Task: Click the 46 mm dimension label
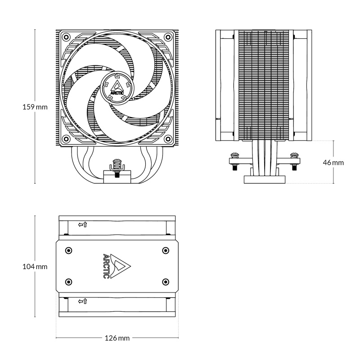[333, 162]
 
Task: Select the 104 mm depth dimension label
[35, 266]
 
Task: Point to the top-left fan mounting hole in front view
[66, 36]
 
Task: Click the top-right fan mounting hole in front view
[168, 36]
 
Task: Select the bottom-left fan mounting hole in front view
[66, 138]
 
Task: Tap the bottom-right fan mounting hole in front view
[168, 138]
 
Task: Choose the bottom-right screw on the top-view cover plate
[166, 282]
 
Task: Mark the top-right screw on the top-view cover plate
[166, 250]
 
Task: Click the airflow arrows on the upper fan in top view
[82, 224]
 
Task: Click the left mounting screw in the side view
[234, 159]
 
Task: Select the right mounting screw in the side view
[294, 159]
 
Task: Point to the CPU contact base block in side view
[264, 179]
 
